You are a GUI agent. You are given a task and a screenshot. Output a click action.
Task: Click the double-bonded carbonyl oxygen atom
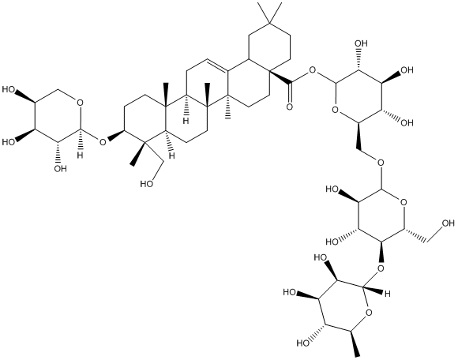[289, 107]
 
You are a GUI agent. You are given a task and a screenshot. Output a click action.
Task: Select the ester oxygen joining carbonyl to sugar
[313, 70]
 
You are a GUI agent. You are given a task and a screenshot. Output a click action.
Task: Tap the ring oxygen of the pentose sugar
[81, 103]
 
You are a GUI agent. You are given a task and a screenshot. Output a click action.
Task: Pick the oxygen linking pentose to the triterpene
[103, 142]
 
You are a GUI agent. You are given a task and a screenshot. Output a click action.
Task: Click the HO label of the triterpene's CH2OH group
[147, 184]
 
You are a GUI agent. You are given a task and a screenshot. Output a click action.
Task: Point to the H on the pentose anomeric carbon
[81, 155]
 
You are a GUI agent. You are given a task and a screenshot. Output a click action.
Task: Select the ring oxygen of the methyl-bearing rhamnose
[370, 313]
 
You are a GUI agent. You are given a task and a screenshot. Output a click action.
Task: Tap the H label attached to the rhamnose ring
[387, 294]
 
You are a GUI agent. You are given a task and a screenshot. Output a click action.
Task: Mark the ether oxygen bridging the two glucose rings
[381, 163]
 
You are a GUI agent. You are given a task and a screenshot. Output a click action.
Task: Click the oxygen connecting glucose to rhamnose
[381, 268]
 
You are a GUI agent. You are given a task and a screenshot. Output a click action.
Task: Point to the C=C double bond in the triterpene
[218, 65]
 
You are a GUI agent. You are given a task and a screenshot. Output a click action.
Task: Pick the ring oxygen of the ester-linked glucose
[336, 110]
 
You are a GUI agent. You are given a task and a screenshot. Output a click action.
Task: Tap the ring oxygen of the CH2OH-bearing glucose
[404, 202]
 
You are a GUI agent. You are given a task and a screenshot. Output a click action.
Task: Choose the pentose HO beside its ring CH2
[9, 89]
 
